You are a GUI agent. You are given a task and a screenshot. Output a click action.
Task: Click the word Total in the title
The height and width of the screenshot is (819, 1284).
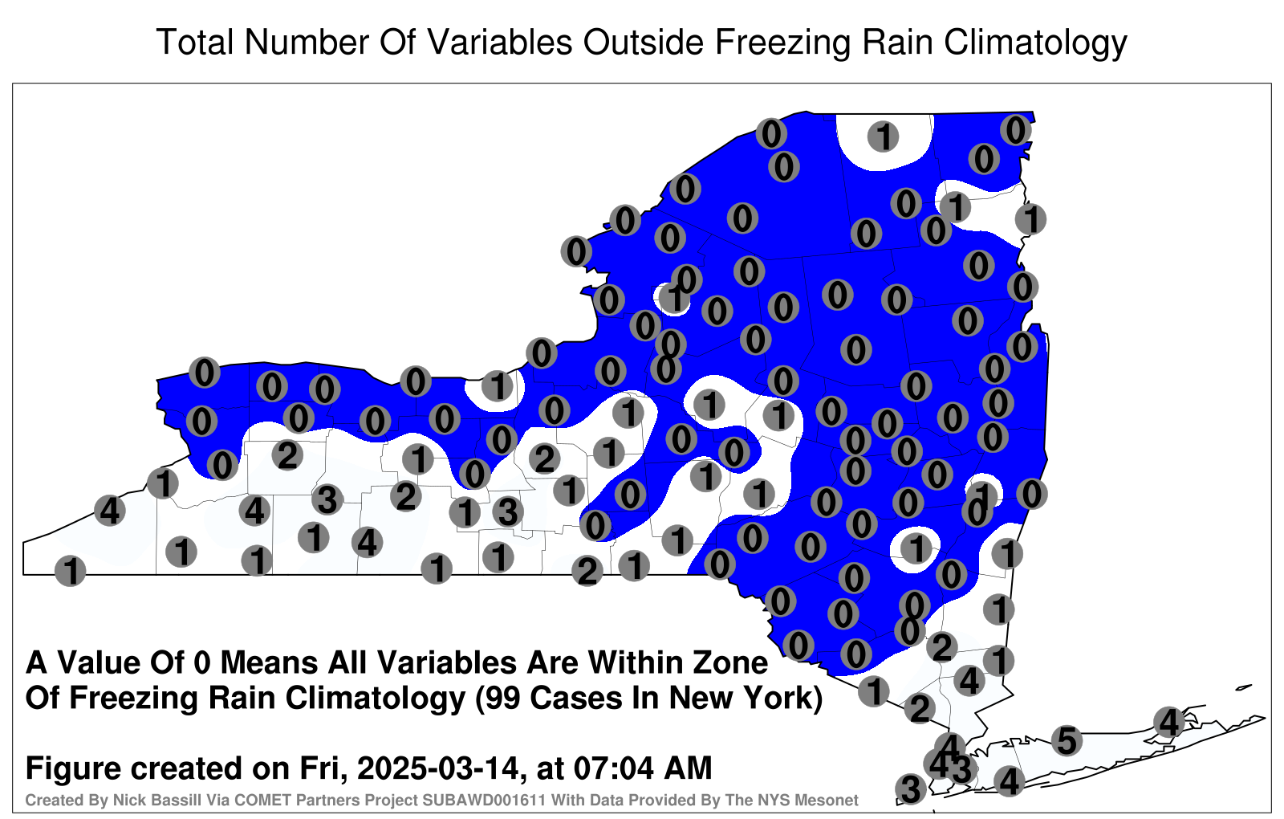[x=195, y=43]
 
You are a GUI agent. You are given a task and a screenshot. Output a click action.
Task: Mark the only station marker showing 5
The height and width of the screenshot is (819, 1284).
[x=1067, y=740]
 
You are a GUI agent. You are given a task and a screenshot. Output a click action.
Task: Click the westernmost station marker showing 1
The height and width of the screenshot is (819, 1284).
[x=70, y=571]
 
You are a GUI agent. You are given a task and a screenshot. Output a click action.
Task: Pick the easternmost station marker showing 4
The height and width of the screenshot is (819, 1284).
[x=1168, y=722]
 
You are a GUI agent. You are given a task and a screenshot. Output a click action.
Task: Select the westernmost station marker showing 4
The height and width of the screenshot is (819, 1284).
[x=109, y=510]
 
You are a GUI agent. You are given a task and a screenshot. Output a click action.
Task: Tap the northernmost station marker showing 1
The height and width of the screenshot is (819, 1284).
[x=883, y=136]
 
